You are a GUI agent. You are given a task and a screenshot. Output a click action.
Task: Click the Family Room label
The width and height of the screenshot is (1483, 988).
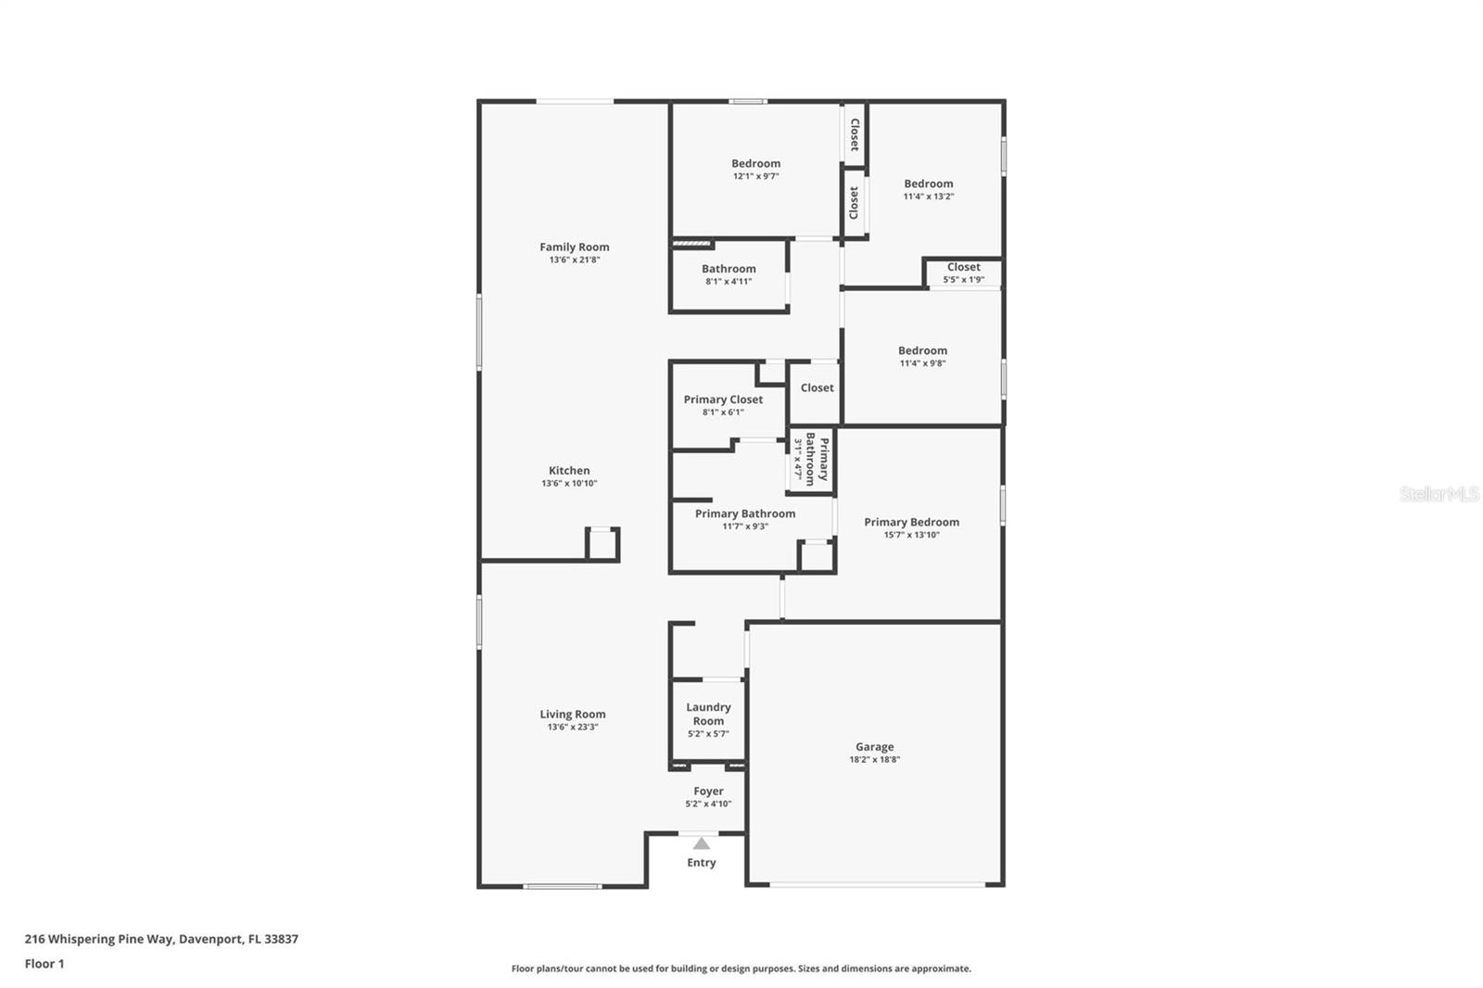(x=574, y=247)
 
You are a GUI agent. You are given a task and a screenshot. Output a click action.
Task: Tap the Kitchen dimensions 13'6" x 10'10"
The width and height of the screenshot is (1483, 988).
(x=569, y=484)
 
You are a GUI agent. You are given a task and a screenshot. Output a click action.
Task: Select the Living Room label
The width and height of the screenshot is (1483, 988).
(x=572, y=715)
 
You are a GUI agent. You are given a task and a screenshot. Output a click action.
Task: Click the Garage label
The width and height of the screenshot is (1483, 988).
(x=874, y=747)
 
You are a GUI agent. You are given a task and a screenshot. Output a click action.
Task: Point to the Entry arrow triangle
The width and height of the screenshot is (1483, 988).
(x=702, y=843)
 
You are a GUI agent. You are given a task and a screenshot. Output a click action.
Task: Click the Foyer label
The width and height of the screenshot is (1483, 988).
(x=708, y=792)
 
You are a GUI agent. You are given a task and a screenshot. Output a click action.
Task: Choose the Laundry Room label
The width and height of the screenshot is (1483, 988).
(x=708, y=714)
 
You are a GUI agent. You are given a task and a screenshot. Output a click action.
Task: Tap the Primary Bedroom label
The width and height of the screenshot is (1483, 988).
(x=911, y=523)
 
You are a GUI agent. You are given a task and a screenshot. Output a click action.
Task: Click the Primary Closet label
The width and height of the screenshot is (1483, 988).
(x=723, y=400)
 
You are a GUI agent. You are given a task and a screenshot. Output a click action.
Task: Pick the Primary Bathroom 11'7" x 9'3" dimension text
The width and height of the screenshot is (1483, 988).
(x=745, y=526)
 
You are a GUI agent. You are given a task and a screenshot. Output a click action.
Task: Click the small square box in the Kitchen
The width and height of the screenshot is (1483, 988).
(x=602, y=545)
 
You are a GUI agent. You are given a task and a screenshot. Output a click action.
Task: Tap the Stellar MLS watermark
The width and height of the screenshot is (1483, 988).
(x=1439, y=494)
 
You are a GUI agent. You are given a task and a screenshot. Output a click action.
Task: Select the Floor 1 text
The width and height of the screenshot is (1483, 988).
(x=44, y=964)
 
